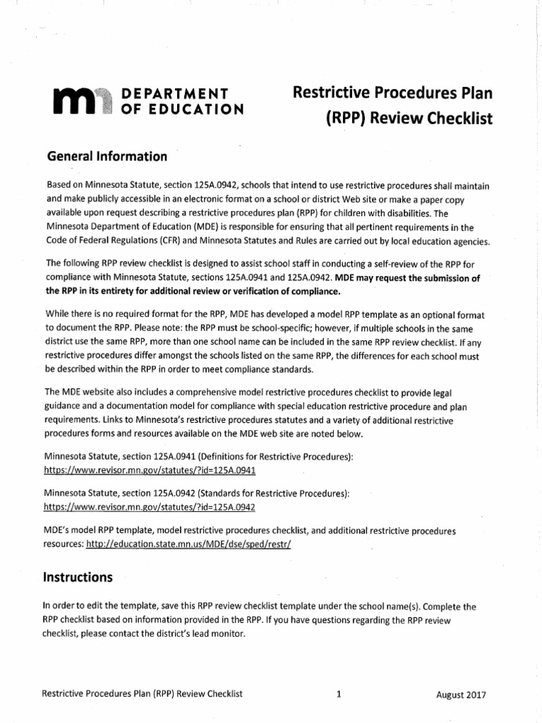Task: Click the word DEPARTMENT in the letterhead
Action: [x=174, y=94]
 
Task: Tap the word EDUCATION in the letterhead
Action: [x=193, y=109]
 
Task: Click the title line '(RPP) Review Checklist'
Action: [x=409, y=119]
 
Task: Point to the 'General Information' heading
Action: [x=106, y=156]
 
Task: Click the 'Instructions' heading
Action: [x=78, y=577]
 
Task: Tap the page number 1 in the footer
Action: [x=339, y=694]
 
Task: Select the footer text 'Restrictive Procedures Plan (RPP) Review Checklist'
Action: [x=143, y=694]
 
